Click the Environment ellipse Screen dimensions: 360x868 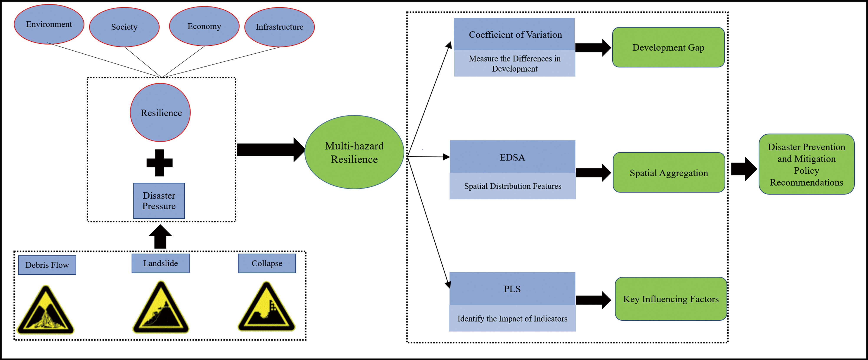pyautogui.click(x=49, y=24)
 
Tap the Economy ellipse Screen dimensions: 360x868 pyautogui.click(x=204, y=26)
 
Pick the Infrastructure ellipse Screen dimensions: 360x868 pyautogui.click(x=279, y=27)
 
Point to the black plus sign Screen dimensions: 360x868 pyautogui.click(x=159, y=163)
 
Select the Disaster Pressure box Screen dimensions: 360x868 pyautogui.click(x=159, y=201)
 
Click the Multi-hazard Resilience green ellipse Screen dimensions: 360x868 pyautogui.click(x=354, y=152)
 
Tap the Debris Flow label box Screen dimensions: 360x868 pyautogui.click(x=47, y=265)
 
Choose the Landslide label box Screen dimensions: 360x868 pyautogui.click(x=160, y=263)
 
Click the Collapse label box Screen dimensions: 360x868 pyautogui.click(x=267, y=263)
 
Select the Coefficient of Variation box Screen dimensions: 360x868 pyautogui.click(x=515, y=34)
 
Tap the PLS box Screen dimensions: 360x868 pyautogui.click(x=512, y=289)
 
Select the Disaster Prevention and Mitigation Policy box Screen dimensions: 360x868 pyautogui.click(x=806, y=164)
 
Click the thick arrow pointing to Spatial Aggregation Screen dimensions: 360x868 pyautogui.click(x=593, y=173)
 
